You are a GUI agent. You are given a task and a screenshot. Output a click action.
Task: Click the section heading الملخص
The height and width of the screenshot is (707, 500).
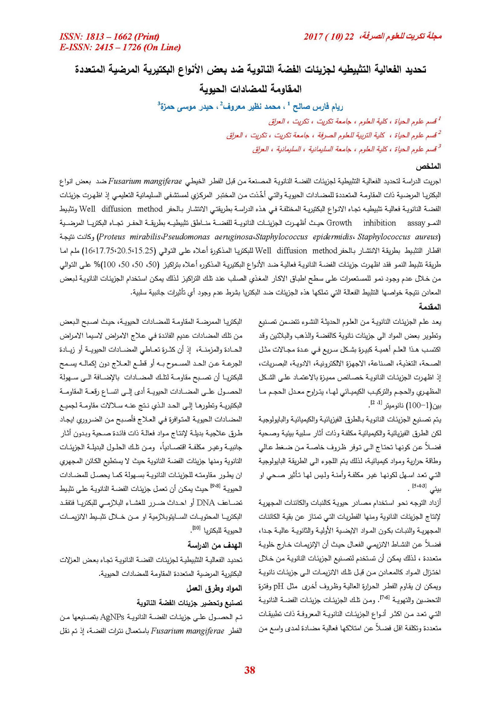coord(428,167)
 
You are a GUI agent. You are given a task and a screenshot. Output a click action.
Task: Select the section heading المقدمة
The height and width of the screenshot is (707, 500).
coord(430,307)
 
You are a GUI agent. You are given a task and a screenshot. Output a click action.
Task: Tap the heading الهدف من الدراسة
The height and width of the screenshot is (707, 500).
coord(215,545)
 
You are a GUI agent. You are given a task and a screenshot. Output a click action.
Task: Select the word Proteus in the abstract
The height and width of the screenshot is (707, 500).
coord(112,237)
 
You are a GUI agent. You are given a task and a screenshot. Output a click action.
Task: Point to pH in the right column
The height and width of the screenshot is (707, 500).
coord(278,586)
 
